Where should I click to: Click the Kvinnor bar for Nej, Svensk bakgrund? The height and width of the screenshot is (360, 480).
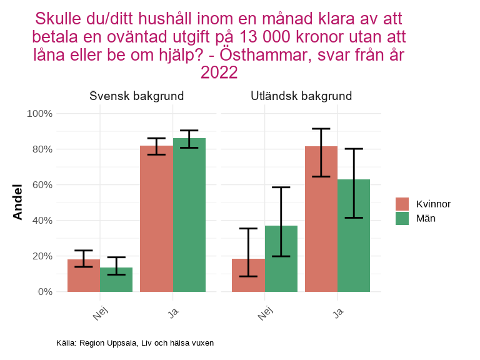pyautogui.click(x=84, y=276)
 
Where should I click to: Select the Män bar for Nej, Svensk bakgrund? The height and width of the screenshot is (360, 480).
pyautogui.click(x=116, y=279)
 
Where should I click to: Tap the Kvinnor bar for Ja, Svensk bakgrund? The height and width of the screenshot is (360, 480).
pyautogui.click(x=156, y=219)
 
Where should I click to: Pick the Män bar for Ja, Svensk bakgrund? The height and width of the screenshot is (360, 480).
pyautogui.click(x=189, y=215)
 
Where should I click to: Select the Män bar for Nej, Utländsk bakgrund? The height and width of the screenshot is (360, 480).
pyautogui.click(x=281, y=259)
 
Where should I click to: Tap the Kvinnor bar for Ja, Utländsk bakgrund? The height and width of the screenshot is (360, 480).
pyautogui.click(x=321, y=219)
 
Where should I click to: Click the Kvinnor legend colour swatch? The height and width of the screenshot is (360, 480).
pyautogui.click(x=402, y=204)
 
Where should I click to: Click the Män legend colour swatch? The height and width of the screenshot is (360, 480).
pyautogui.click(x=402, y=218)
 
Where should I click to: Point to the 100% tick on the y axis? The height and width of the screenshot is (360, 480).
pyautogui.click(x=39, y=114)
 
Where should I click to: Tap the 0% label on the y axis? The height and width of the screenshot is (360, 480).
pyautogui.click(x=44, y=292)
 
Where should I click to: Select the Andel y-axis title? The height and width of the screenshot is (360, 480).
pyautogui.click(x=17, y=202)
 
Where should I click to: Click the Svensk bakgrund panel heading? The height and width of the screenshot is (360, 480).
pyautogui.click(x=136, y=96)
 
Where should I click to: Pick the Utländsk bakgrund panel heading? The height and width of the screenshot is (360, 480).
pyautogui.click(x=301, y=96)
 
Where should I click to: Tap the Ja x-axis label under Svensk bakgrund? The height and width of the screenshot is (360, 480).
pyautogui.click(x=173, y=311)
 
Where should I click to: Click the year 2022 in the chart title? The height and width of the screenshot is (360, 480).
pyautogui.click(x=219, y=73)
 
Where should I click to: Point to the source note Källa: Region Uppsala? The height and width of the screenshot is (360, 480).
pyautogui.click(x=135, y=343)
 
